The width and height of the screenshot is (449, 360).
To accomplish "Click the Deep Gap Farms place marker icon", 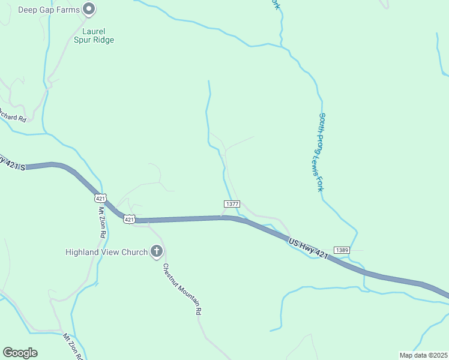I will point(89,8).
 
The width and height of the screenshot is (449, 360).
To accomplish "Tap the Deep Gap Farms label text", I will point(49,9).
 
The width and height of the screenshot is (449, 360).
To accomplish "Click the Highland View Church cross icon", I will point(157,251).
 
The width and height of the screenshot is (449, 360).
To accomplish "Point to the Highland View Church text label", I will point(106,252).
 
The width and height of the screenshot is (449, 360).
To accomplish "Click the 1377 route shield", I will point(232,204).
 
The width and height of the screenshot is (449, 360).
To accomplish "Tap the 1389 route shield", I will point(342,250).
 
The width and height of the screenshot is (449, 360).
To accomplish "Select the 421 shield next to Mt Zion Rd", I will point(101,197).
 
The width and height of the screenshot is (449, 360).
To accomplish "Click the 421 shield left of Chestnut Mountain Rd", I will point(130,220).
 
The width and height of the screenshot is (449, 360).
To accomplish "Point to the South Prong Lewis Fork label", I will point(322,152).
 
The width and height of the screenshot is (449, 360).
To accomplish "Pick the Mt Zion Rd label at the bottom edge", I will point(71,347).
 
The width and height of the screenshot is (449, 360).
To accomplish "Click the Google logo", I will point(20,353).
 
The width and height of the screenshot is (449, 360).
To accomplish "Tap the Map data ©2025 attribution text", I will point(423,355).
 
